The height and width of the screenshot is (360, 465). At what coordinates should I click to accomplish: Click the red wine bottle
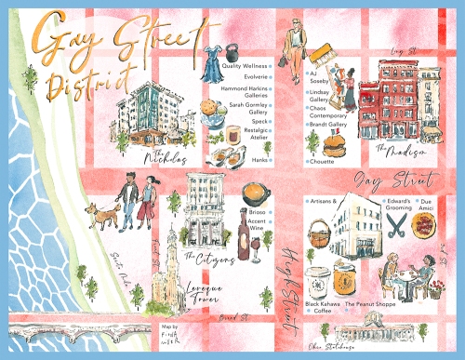[244, 237]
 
